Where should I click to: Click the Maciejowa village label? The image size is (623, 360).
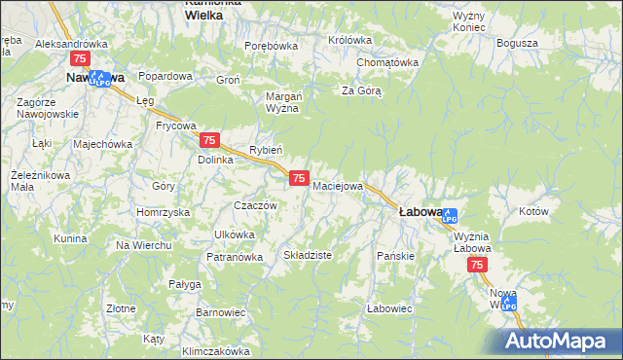(x=338, y=185)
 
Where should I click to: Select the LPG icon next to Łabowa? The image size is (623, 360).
(x=449, y=216)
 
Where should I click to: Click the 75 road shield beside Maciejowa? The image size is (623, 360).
(x=300, y=178)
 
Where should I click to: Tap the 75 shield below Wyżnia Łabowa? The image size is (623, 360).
(x=477, y=265)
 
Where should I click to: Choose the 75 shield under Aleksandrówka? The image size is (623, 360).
(x=81, y=60)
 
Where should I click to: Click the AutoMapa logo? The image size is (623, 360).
(x=558, y=342)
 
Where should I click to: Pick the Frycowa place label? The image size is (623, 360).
(x=176, y=126)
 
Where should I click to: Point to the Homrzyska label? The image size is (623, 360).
(x=163, y=212)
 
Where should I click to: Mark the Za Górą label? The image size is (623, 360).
(x=360, y=91)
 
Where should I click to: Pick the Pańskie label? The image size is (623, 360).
(x=396, y=256)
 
